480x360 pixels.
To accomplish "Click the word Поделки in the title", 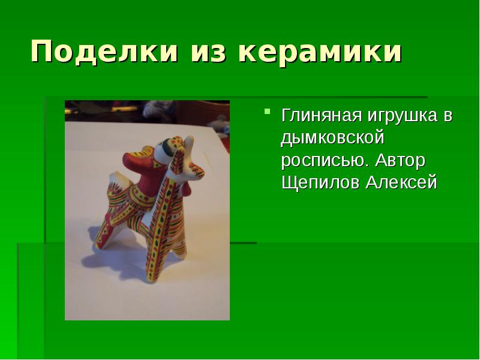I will (x=104, y=53).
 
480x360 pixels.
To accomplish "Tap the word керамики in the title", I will (x=320, y=53).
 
